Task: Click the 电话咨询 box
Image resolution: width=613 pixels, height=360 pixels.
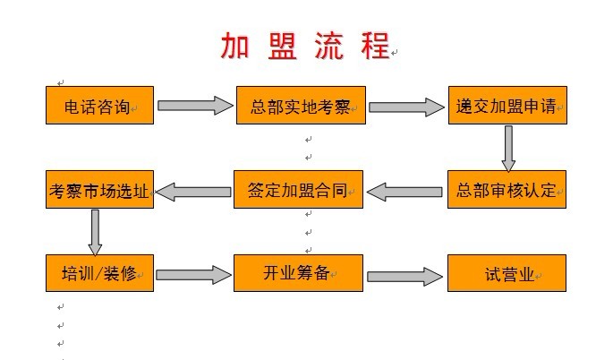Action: click(100, 105)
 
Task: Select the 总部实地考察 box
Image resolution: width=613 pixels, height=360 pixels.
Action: click(300, 105)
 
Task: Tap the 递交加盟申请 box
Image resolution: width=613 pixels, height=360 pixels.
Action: click(507, 105)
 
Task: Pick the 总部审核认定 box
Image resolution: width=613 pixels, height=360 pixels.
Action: click(507, 189)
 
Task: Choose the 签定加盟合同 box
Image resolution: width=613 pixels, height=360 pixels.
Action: click(299, 189)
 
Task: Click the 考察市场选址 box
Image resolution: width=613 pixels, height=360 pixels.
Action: click(100, 189)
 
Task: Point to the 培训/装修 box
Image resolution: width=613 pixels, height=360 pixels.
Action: click(100, 273)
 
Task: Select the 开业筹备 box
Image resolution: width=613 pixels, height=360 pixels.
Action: click(299, 273)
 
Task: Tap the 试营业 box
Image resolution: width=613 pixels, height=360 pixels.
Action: click(507, 273)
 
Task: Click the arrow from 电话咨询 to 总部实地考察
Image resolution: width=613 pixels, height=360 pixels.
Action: click(195, 106)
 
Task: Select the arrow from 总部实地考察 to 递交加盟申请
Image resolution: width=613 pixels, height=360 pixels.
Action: click(406, 107)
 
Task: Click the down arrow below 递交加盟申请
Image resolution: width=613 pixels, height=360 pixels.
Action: click(508, 148)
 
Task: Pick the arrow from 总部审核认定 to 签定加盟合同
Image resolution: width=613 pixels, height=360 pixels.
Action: click(405, 190)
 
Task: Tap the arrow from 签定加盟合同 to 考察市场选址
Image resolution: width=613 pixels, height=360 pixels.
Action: click(195, 190)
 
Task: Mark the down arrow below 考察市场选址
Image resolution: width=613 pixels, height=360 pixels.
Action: click(95, 232)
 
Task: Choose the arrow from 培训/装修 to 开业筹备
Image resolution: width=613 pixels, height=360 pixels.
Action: click(195, 274)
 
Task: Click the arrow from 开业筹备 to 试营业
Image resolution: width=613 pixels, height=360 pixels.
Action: click(405, 275)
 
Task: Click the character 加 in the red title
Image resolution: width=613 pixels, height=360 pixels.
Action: click(237, 46)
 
